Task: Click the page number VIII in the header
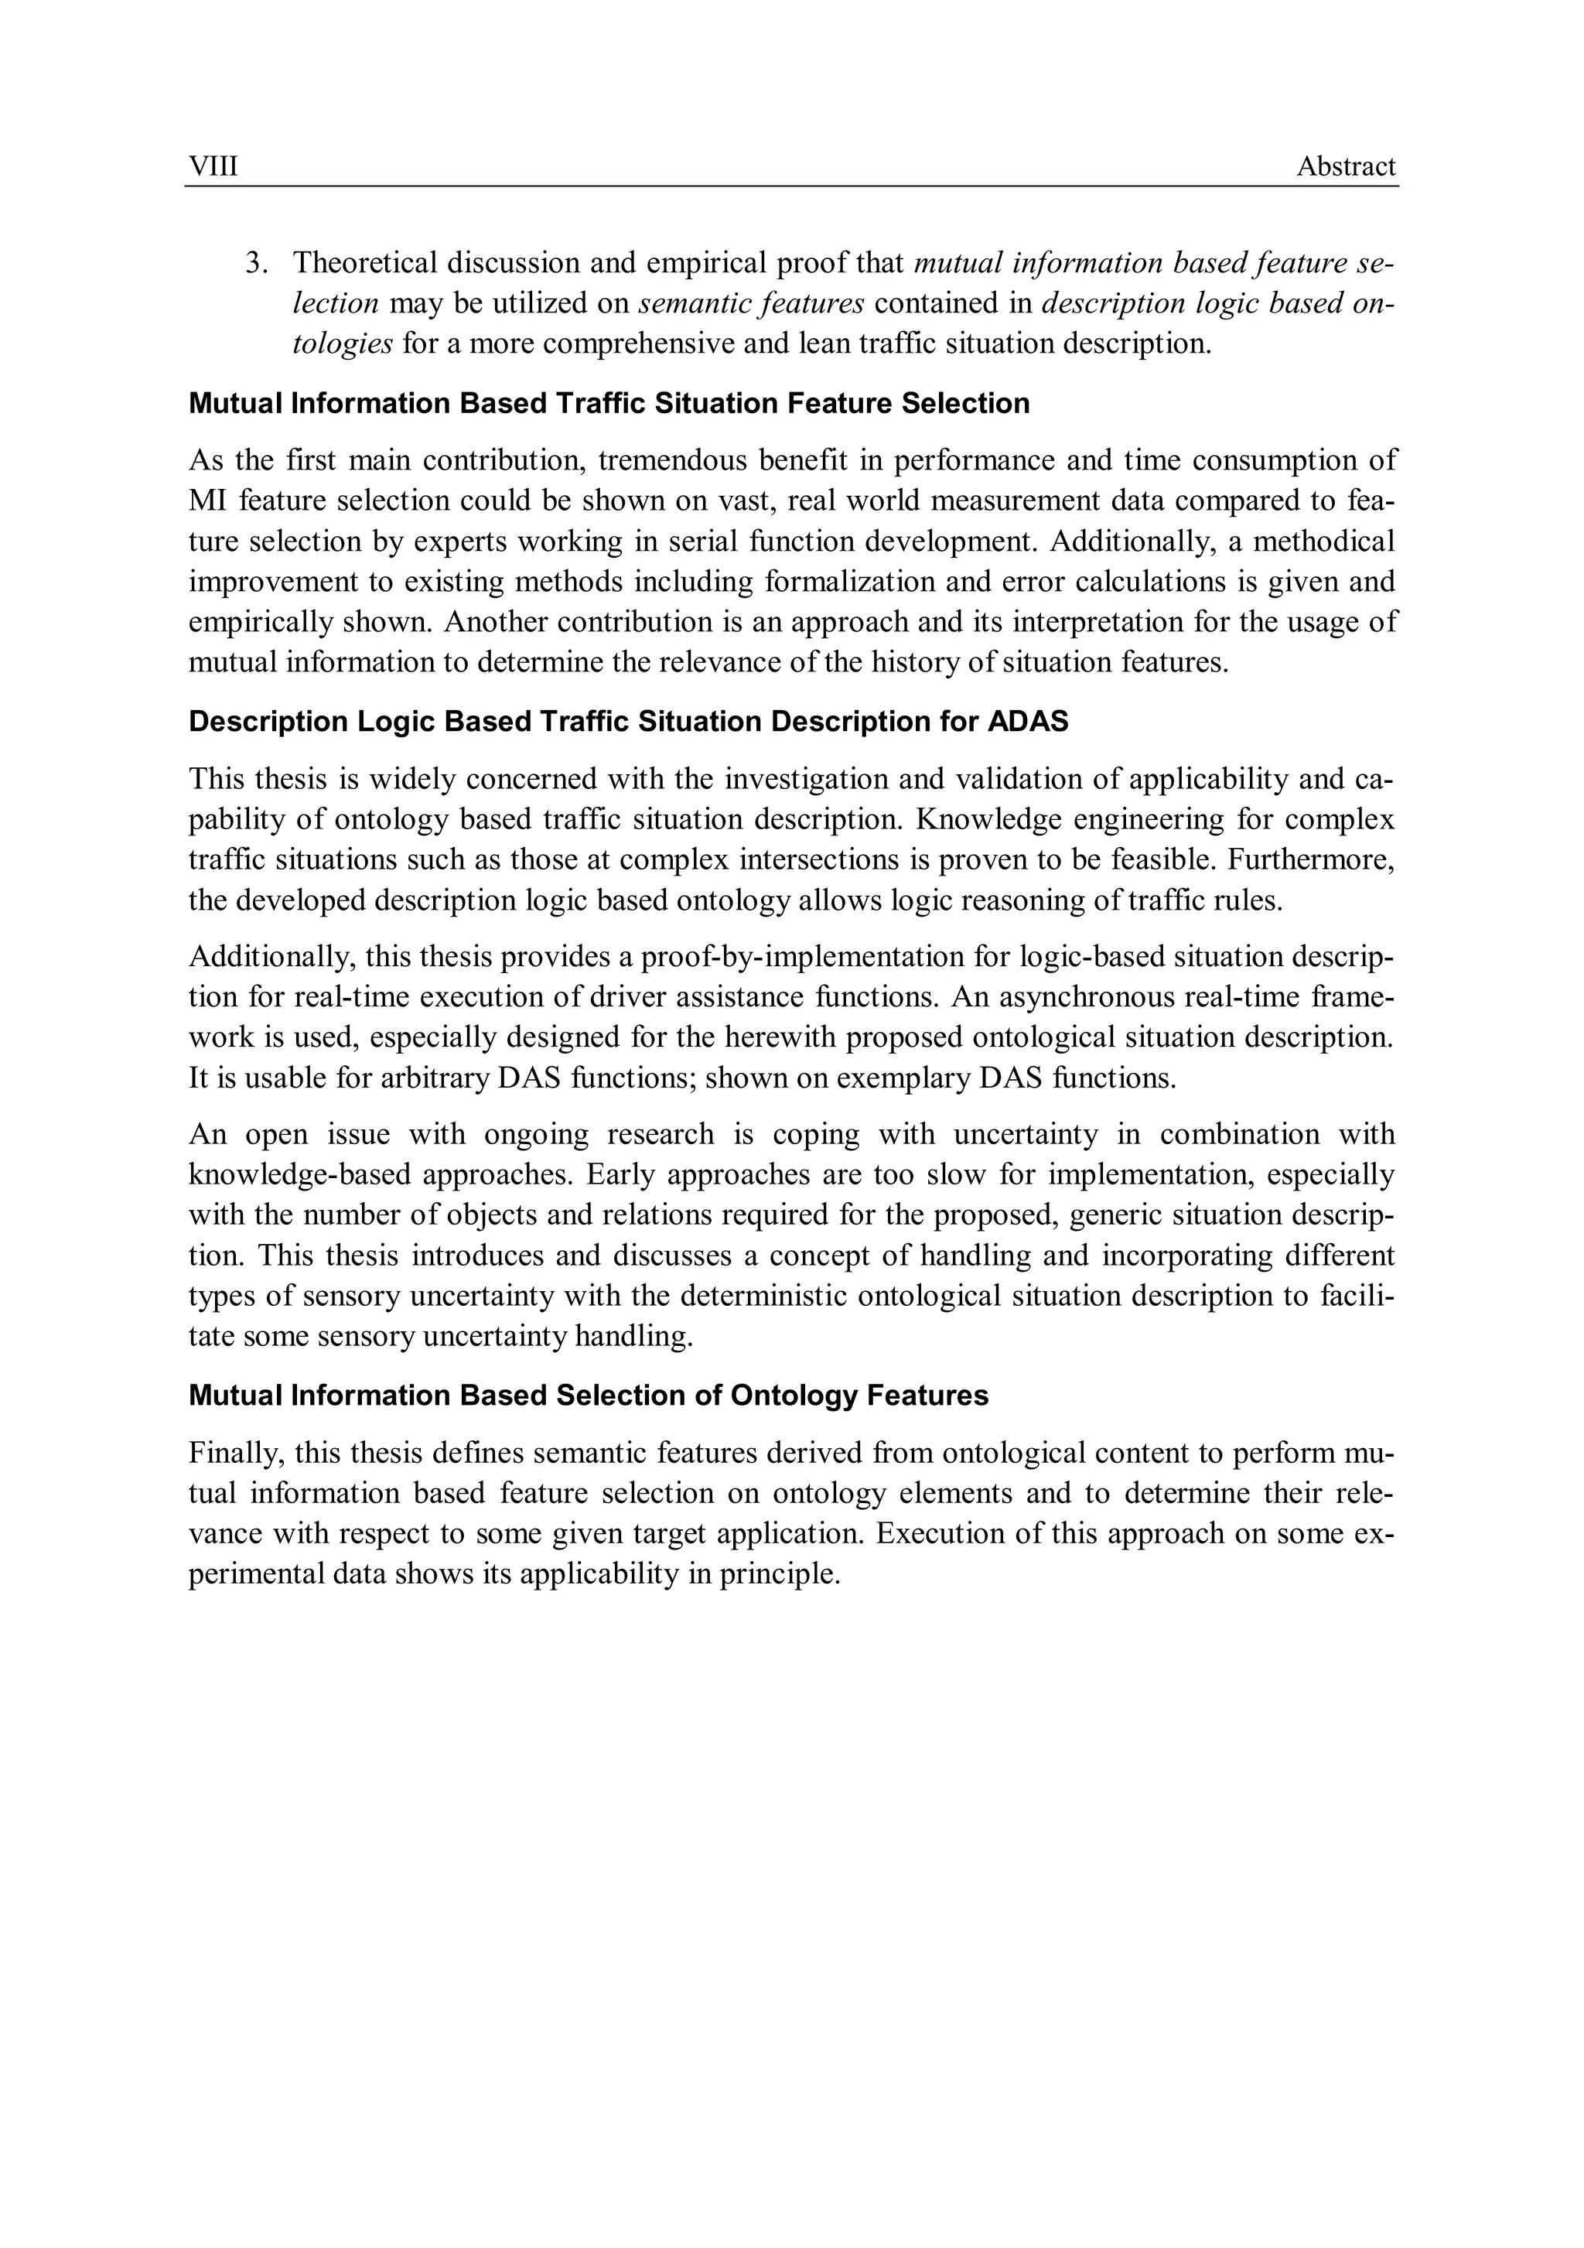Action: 213,166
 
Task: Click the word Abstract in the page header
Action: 1346,166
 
